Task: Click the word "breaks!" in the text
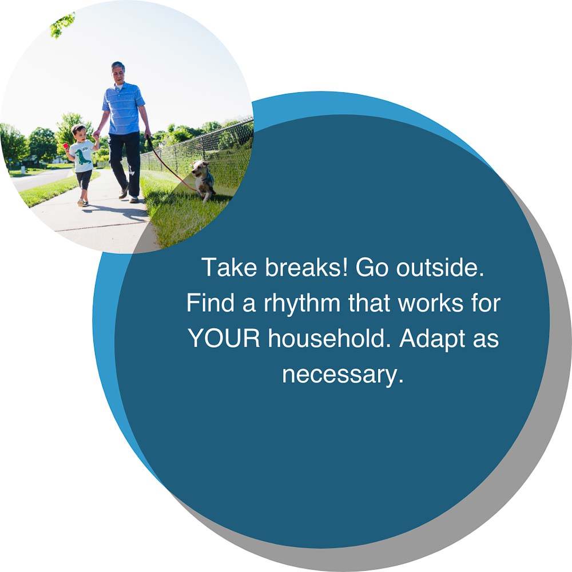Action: pos(307,267)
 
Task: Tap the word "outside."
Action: pos(440,267)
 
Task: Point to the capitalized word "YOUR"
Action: pos(224,338)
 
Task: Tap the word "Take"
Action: pos(229,267)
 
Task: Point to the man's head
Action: pos(118,72)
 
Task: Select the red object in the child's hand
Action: pos(66,145)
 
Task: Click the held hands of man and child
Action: pos(97,136)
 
